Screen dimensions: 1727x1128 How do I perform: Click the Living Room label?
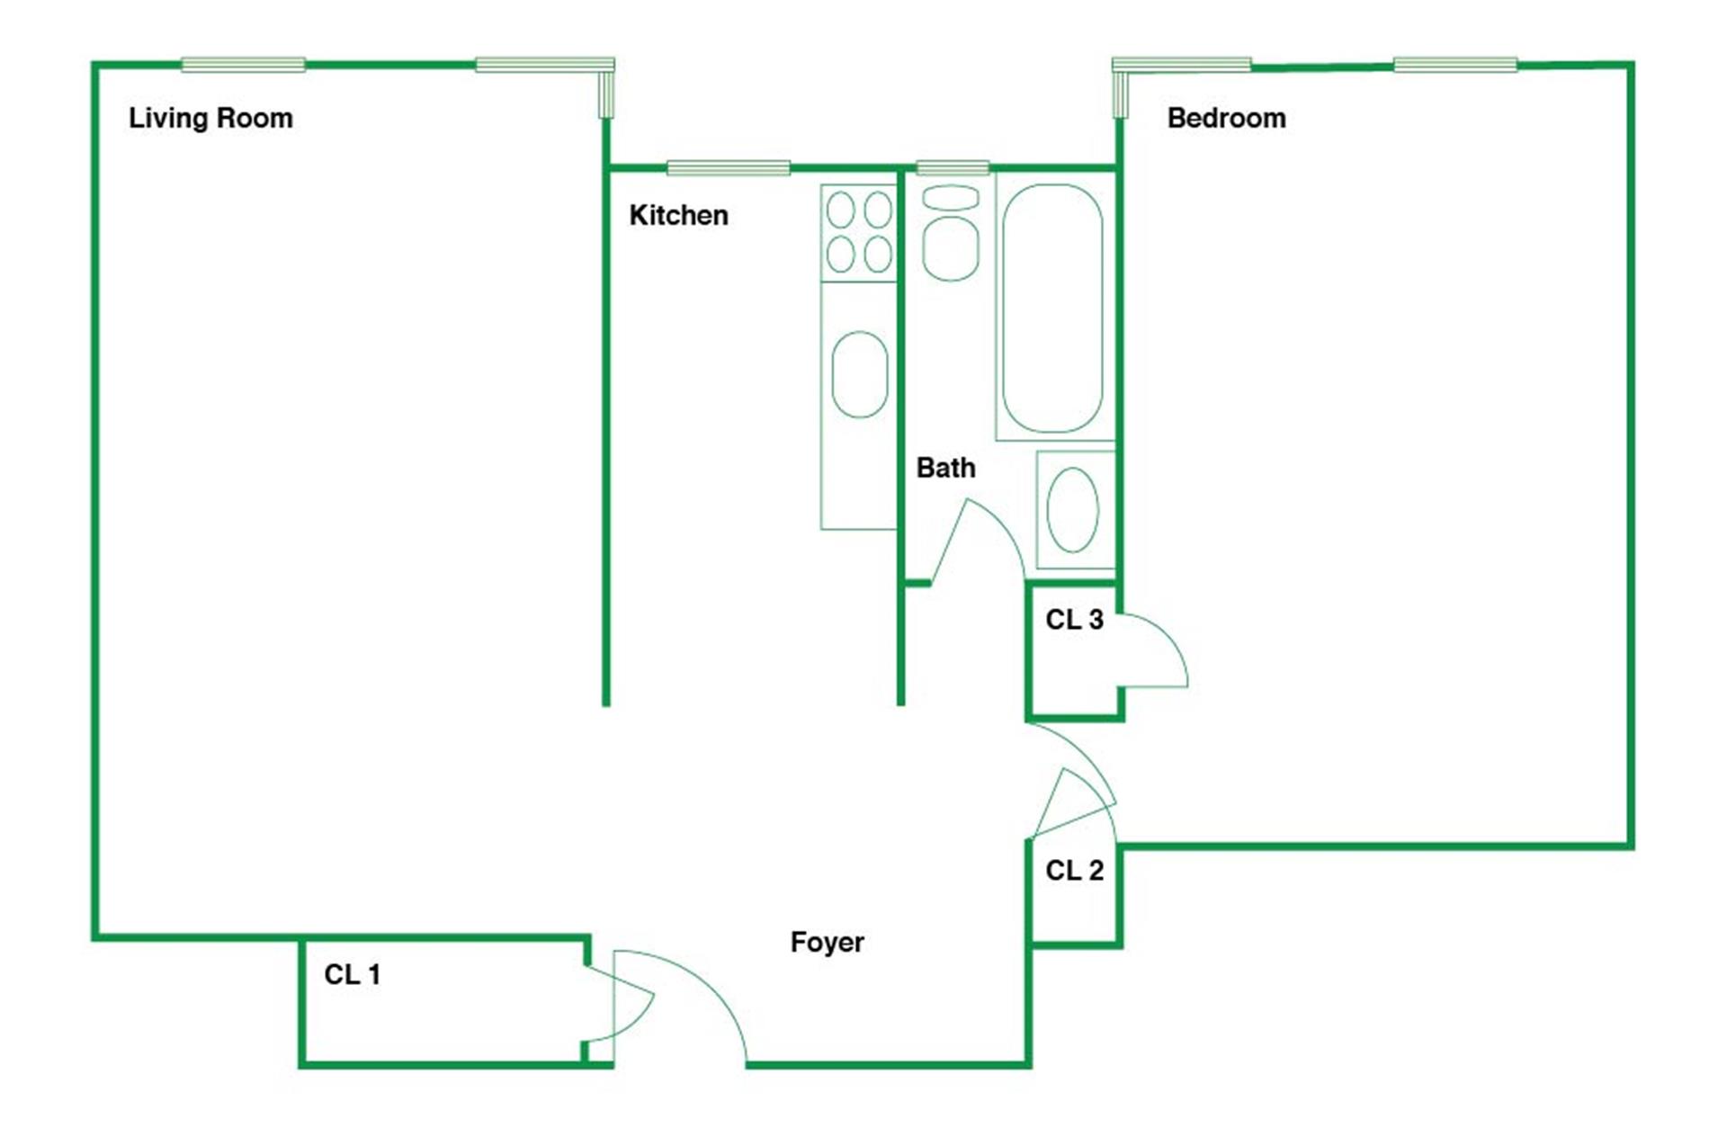pyautogui.click(x=210, y=118)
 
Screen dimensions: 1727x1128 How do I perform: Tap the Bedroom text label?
pyautogui.click(x=1226, y=118)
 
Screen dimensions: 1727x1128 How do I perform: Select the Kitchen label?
pyautogui.click(x=678, y=215)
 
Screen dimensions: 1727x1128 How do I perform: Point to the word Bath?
pyautogui.click(x=945, y=468)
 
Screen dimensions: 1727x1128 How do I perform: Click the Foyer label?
pyautogui.click(x=827, y=942)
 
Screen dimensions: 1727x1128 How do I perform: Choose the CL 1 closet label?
pyautogui.click(x=352, y=974)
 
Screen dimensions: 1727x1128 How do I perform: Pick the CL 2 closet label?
pyautogui.click(x=1074, y=870)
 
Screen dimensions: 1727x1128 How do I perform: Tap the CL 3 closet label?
pyautogui.click(x=1074, y=619)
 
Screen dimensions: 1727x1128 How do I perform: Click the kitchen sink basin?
pyautogui.click(x=860, y=374)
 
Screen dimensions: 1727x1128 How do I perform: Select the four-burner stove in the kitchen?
pyautogui.click(x=859, y=233)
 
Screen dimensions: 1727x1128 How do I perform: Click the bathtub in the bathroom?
pyautogui.click(x=1052, y=309)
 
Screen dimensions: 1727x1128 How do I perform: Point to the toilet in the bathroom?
pyautogui.click(x=951, y=233)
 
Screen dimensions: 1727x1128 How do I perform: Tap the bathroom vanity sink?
pyautogui.click(x=1074, y=509)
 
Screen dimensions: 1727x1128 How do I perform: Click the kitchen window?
pyautogui.click(x=729, y=167)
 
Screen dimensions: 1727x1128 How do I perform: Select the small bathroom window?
pyautogui.click(x=953, y=167)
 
